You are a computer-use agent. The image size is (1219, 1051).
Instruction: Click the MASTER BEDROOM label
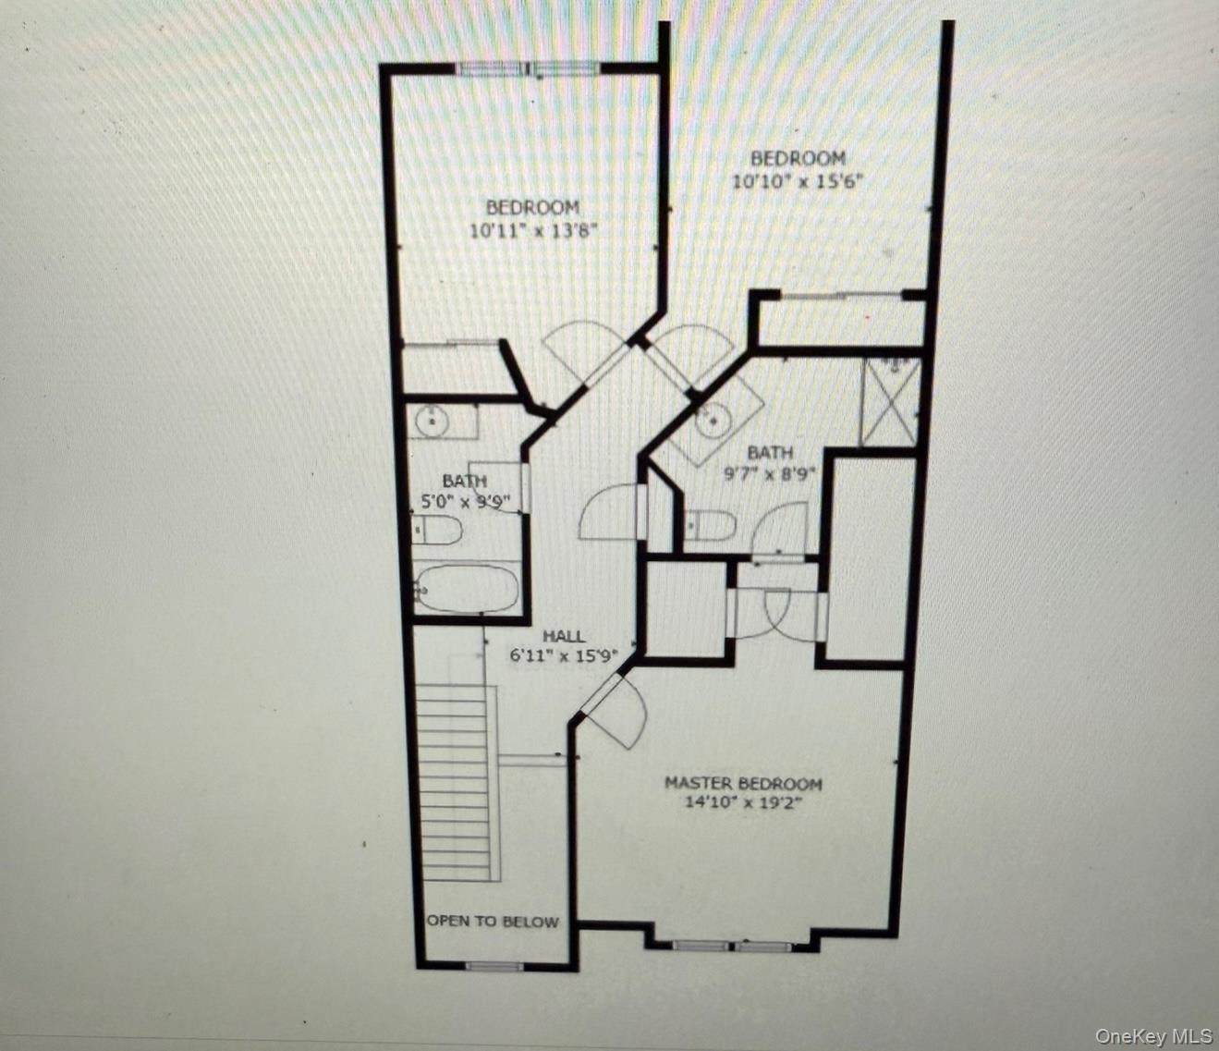743,783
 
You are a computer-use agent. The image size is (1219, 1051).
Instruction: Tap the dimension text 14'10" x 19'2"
743,802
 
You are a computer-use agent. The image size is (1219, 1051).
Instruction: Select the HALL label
563,636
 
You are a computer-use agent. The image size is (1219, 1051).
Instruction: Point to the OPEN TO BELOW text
493,921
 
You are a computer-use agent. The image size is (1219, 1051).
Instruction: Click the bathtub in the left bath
468,588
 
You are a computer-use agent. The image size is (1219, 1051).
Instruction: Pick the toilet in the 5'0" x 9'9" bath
438,531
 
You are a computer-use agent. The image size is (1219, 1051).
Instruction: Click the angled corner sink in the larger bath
713,423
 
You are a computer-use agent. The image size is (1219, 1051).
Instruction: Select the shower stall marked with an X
890,402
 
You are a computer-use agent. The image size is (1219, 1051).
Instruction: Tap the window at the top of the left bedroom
530,67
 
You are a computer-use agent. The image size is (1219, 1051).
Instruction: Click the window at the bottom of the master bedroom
732,946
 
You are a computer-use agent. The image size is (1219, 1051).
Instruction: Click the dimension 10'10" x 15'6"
798,182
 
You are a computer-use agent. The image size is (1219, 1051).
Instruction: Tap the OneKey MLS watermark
1153,1035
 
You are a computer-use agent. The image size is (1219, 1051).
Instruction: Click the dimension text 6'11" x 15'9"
563,656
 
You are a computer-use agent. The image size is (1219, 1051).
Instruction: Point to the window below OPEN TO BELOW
494,967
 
